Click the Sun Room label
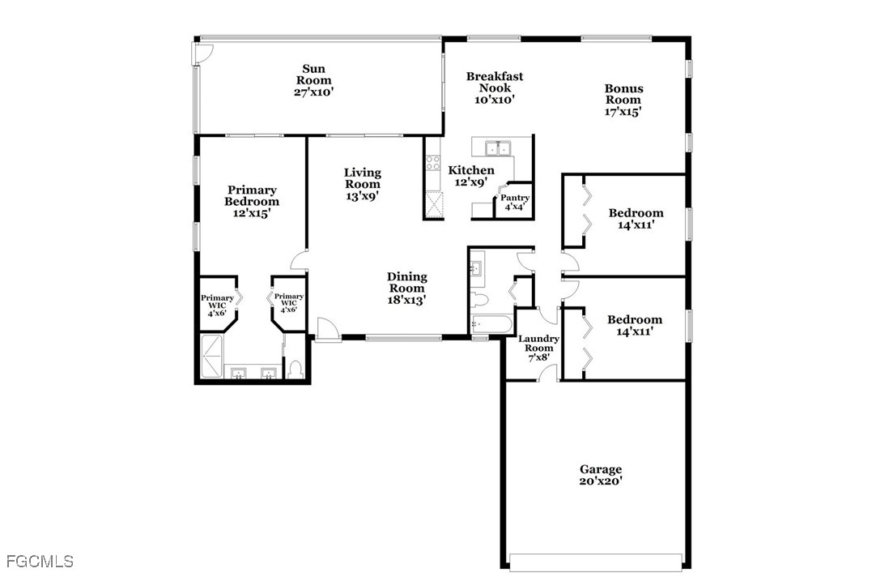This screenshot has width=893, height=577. pyautogui.click(x=314, y=75)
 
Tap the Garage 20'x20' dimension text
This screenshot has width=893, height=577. pyautogui.click(x=601, y=481)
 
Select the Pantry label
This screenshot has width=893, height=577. pyautogui.click(x=515, y=197)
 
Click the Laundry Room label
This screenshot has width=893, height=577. pyautogui.click(x=538, y=344)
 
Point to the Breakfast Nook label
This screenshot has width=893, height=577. pyautogui.click(x=495, y=82)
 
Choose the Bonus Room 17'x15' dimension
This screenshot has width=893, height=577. pyautogui.click(x=623, y=111)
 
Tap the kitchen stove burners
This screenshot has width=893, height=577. pyautogui.click(x=433, y=163)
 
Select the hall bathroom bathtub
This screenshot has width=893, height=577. pyautogui.click(x=491, y=324)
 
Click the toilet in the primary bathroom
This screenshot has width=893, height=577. pyautogui.click(x=295, y=370)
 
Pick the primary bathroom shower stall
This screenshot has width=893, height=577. pyautogui.click(x=212, y=357)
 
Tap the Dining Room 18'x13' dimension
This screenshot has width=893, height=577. pyautogui.click(x=406, y=300)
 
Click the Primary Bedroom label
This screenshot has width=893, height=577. pyautogui.click(x=252, y=195)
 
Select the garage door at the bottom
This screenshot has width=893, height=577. pyautogui.click(x=596, y=562)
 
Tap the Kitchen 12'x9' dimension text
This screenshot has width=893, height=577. pyautogui.click(x=470, y=182)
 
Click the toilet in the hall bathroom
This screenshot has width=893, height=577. pyautogui.click(x=479, y=299)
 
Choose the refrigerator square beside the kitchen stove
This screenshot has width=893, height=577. pyautogui.click(x=434, y=204)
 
